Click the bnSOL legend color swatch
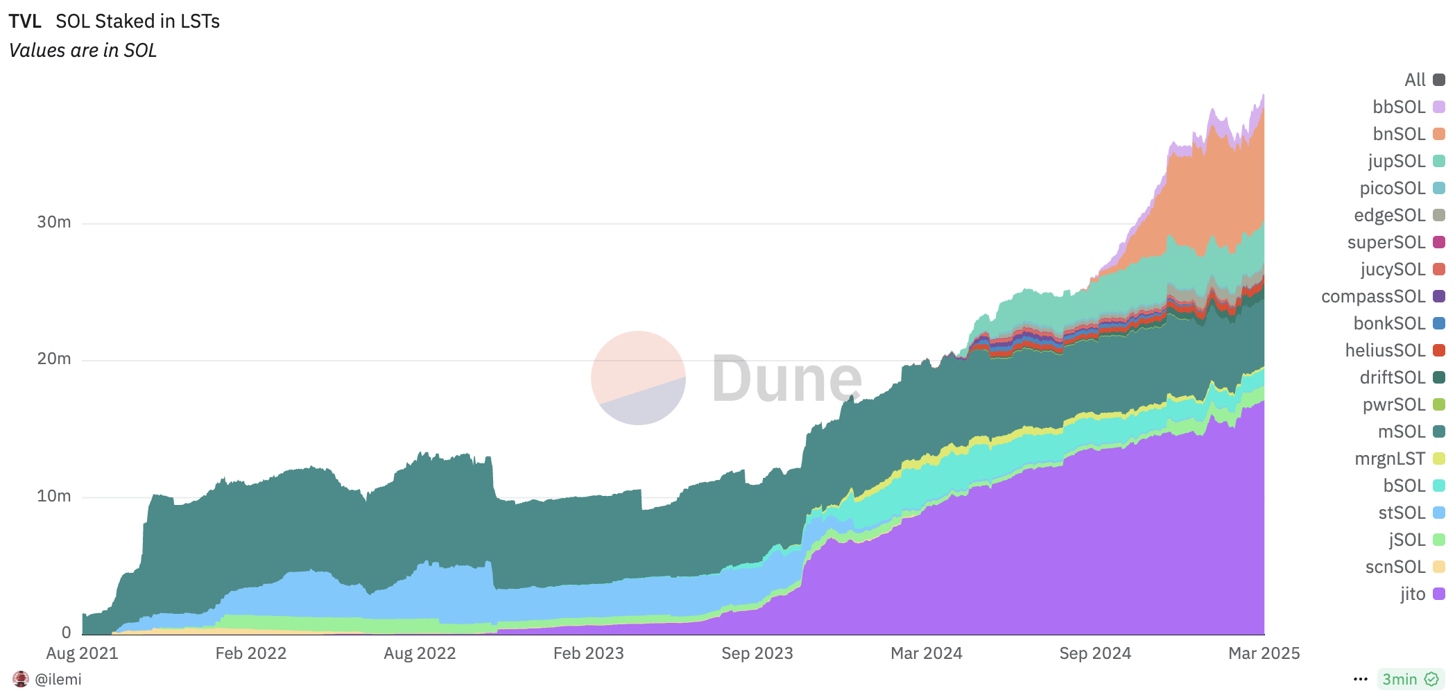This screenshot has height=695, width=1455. (1439, 134)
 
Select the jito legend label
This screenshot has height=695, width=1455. (1412, 594)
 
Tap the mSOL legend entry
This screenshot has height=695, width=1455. (1401, 431)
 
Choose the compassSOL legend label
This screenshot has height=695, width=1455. (1372, 296)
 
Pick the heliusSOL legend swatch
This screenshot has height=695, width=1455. (1439, 350)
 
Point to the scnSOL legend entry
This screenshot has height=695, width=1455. (1395, 567)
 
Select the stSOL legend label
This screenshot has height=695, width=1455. (1401, 513)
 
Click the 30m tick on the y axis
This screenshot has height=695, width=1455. (54, 222)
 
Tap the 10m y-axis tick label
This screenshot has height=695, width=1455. (54, 496)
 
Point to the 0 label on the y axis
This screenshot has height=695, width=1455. (66, 632)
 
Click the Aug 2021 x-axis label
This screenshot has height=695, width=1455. (82, 653)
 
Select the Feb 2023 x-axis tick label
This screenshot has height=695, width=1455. (588, 653)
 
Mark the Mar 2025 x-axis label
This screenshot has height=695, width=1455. (1264, 653)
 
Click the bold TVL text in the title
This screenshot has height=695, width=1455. (25, 22)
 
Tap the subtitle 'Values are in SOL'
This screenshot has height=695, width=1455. (83, 51)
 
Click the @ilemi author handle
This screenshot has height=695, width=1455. (58, 679)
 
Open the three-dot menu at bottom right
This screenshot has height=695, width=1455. (1360, 679)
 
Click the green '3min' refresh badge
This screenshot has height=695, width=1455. (1409, 679)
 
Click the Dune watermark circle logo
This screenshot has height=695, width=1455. (638, 378)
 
